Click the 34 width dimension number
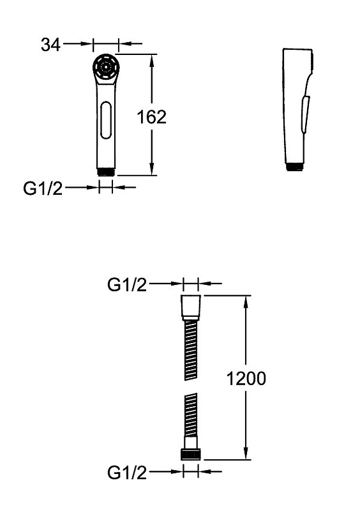tap(50, 45)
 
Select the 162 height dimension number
tap(151, 117)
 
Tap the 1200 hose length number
tap(246, 378)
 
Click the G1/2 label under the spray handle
tap(43, 188)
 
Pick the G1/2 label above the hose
tap(127, 285)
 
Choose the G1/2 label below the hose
tap(127, 473)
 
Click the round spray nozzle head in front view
tap(105, 67)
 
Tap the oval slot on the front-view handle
tap(105, 120)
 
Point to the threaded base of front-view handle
tap(105, 172)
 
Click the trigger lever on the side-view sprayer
tap(305, 114)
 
